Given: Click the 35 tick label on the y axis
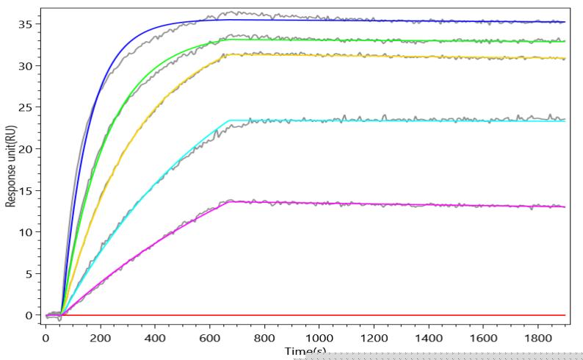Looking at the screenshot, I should [27, 24].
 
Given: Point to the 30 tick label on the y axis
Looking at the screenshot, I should [27, 66].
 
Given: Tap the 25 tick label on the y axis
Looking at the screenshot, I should [27, 107].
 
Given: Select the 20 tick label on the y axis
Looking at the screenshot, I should [27, 149].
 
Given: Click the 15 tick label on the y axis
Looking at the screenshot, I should [27, 190].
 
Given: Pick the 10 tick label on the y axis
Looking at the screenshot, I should [27, 232].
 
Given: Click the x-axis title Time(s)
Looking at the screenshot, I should [305, 352].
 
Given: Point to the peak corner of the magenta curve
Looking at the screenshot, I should [231, 201].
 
